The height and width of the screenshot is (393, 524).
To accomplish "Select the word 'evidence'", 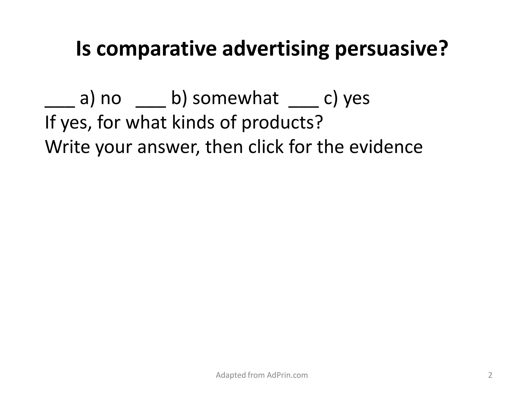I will coord(386,147).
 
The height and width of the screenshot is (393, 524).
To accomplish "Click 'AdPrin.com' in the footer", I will coord(287,375).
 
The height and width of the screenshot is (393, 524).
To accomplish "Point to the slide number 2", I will coord(490,375).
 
